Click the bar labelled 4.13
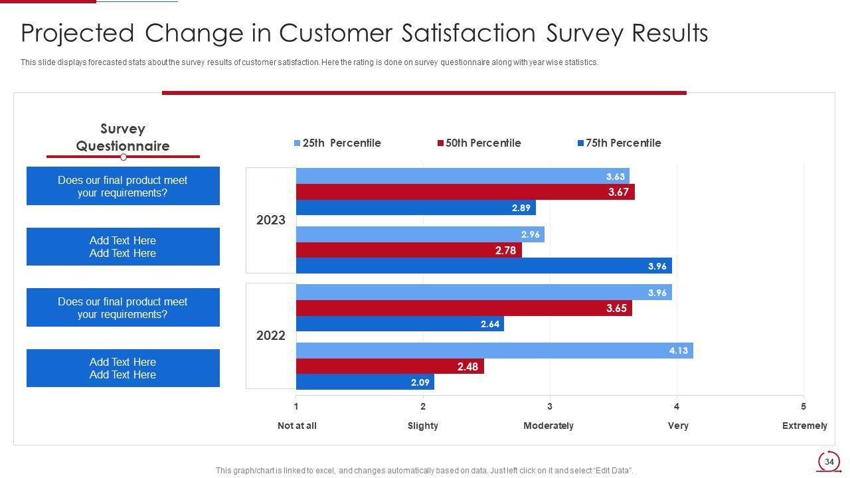(x=494, y=351)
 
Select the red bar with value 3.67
(x=465, y=192)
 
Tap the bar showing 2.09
(x=365, y=382)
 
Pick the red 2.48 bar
(x=390, y=366)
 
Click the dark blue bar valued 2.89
(x=416, y=208)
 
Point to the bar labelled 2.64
(x=400, y=324)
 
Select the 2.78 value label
(x=505, y=250)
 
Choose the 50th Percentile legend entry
(x=479, y=143)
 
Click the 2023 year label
(x=271, y=220)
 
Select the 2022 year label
(x=271, y=336)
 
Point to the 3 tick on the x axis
(x=550, y=406)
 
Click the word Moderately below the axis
(x=549, y=426)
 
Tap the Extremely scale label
(x=804, y=426)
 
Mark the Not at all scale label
(x=297, y=426)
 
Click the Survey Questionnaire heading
(x=123, y=137)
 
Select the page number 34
(x=829, y=461)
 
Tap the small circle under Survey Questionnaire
(x=124, y=157)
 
